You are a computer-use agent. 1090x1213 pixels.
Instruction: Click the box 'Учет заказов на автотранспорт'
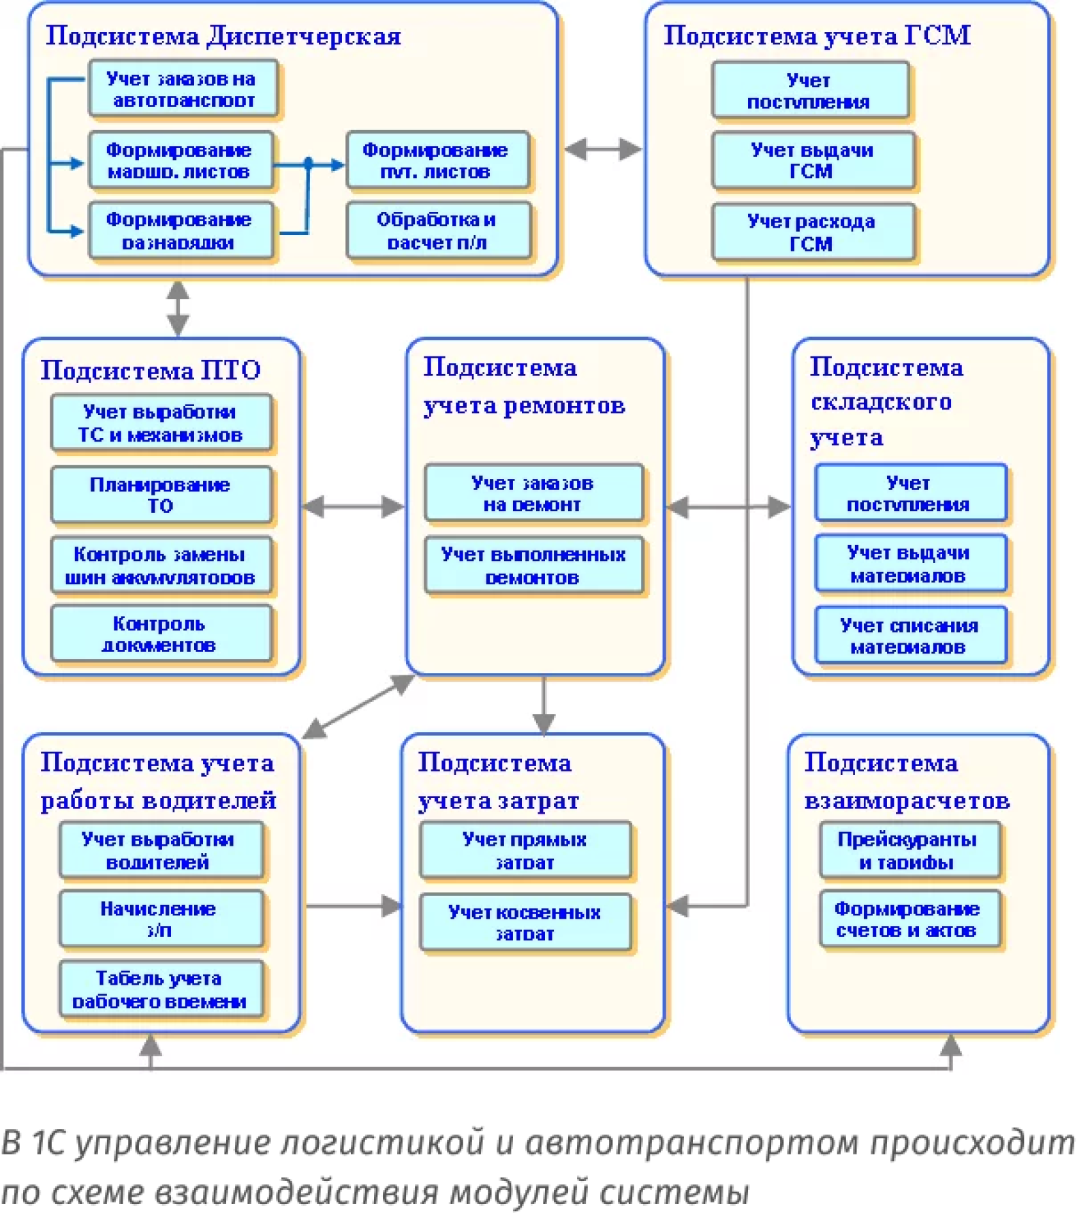tap(183, 89)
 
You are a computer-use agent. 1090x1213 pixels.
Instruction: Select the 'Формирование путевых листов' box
tap(437, 160)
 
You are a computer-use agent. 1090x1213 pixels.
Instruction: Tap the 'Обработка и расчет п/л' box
tap(437, 230)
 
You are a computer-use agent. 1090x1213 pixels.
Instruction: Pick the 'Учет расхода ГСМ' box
tap(812, 232)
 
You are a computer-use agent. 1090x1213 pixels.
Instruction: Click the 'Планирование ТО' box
tap(161, 495)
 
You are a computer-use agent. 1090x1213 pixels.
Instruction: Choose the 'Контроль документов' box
tap(161, 634)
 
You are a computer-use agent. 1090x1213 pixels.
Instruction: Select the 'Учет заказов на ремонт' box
tap(533, 493)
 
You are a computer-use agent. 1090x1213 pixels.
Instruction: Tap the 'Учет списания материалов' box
tap(910, 635)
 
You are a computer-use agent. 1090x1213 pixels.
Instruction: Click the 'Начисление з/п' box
tap(160, 919)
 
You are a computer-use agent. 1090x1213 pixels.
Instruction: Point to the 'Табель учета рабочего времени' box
tap(160, 989)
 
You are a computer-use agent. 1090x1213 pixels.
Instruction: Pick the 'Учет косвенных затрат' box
tap(525, 922)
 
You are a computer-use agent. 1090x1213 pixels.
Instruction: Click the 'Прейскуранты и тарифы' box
tap(909, 850)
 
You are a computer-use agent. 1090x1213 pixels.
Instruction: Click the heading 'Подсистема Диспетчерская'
tap(223, 35)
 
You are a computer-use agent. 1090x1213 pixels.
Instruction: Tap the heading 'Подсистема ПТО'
tap(151, 369)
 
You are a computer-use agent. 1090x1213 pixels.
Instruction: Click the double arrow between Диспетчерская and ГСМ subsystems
tap(602, 149)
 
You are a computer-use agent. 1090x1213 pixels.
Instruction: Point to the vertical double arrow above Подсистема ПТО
tap(178, 308)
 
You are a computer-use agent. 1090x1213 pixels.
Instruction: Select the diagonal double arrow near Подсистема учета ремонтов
tap(358, 706)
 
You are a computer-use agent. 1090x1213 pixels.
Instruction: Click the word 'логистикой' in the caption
tap(382, 1143)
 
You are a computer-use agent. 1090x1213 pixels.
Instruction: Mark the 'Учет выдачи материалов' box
tap(910, 564)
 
